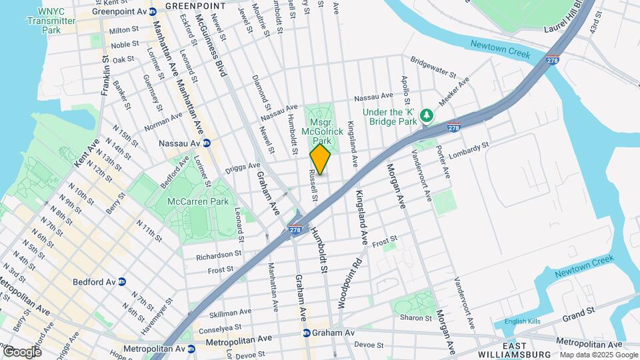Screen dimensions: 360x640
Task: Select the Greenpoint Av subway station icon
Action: (153, 11)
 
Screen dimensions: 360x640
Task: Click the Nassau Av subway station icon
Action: (207, 143)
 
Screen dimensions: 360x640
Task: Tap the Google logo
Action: (22, 351)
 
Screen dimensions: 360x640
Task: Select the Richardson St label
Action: (219, 254)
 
